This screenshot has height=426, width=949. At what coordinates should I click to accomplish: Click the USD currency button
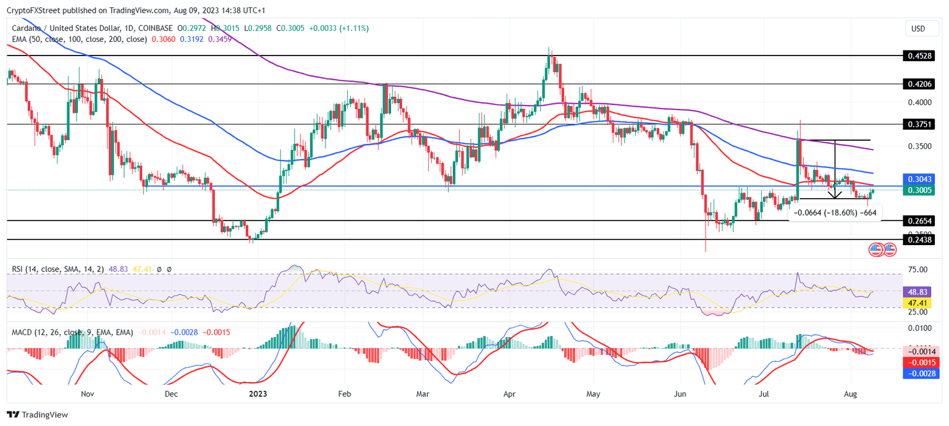click(918, 29)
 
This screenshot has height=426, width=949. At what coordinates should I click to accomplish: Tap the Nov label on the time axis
click(87, 393)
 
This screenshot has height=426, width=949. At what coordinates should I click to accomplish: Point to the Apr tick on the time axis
click(509, 393)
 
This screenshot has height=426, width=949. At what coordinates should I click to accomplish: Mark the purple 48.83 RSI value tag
click(917, 291)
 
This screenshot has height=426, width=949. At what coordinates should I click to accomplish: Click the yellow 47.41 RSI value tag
click(917, 303)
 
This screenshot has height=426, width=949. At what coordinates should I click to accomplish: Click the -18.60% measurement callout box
click(835, 213)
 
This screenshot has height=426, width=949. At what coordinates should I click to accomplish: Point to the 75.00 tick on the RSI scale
click(917, 270)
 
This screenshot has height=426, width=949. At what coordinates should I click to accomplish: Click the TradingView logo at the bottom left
click(37, 415)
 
